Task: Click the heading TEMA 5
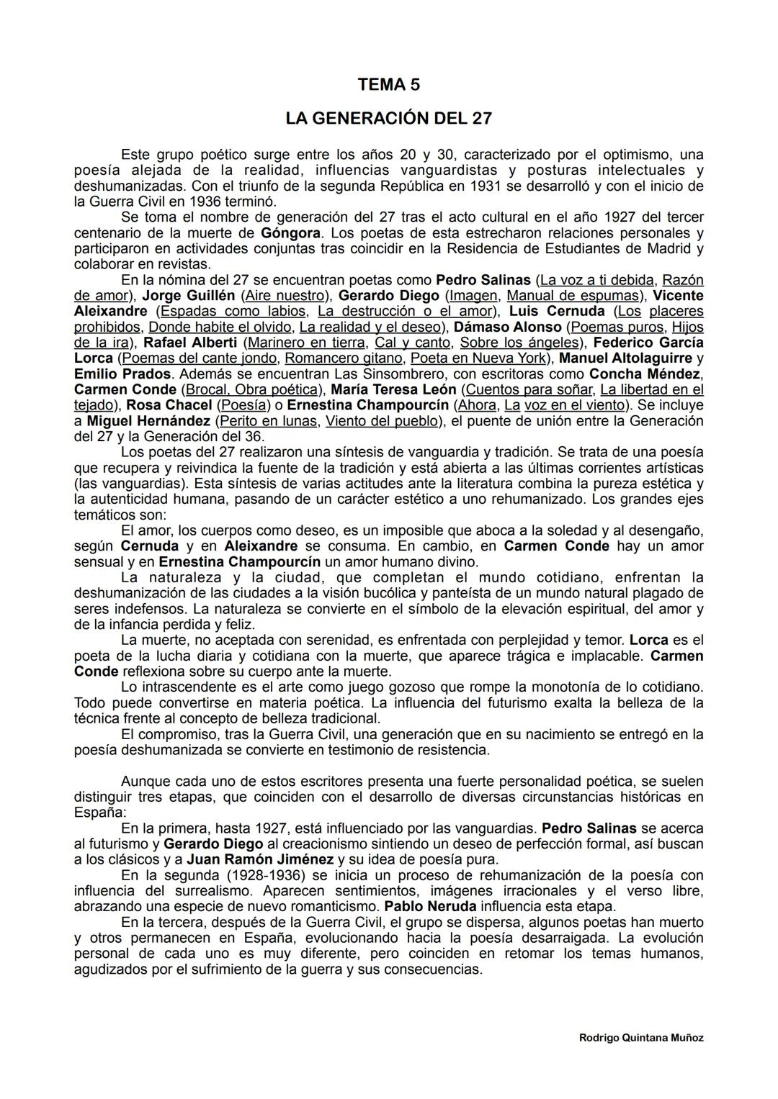(x=388, y=85)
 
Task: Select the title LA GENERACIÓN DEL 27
(x=388, y=117)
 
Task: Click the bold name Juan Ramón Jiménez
(x=260, y=859)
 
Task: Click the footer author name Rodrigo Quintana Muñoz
(x=641, y=1038)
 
